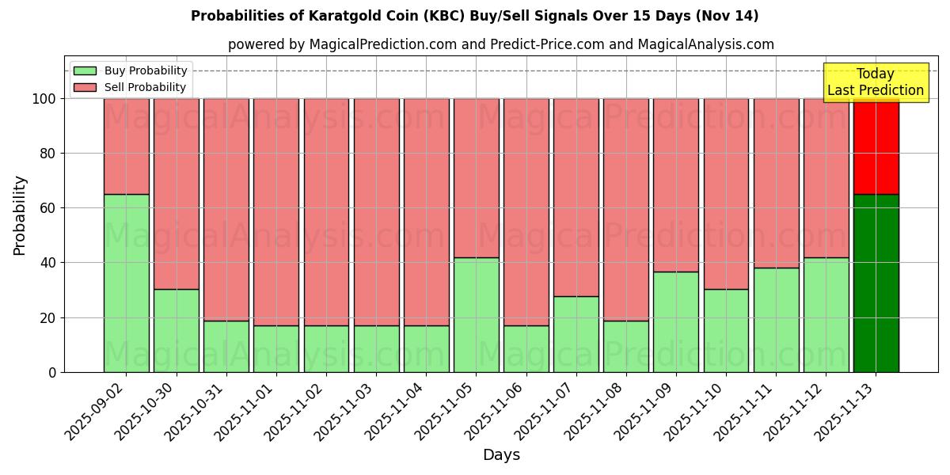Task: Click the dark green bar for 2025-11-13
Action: [x=876, y=283]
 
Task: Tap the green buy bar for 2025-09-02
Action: [x=126, y=283]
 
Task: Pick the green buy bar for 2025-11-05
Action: [x=476, y=314]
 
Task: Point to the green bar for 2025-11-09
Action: [x=675, y=321]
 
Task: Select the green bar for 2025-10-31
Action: [x=226, y=346]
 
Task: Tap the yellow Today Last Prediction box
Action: [x=875, y=82]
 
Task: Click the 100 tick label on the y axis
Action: [x=45, y=99]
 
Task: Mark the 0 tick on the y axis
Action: [x=53, y=372]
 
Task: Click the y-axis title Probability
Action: [x=20, y=215]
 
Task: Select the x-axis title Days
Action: [x=501, y=455]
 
